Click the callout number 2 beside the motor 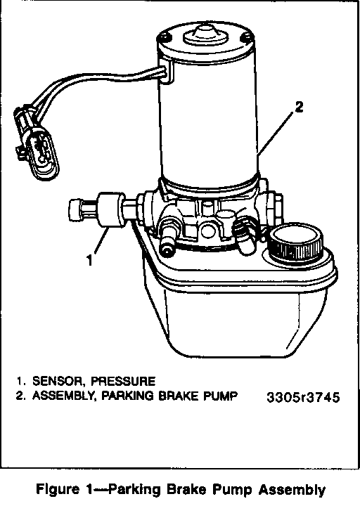pos(300,107)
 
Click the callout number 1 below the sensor pos(90,260)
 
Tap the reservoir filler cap pos(296,242)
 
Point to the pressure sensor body pos(110,209)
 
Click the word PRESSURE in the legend pos(123,381)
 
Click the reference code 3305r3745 pos(303,397)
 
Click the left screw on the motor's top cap pos(163,37)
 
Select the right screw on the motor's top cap pos(246,37)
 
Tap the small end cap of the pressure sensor pos(75,209)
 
